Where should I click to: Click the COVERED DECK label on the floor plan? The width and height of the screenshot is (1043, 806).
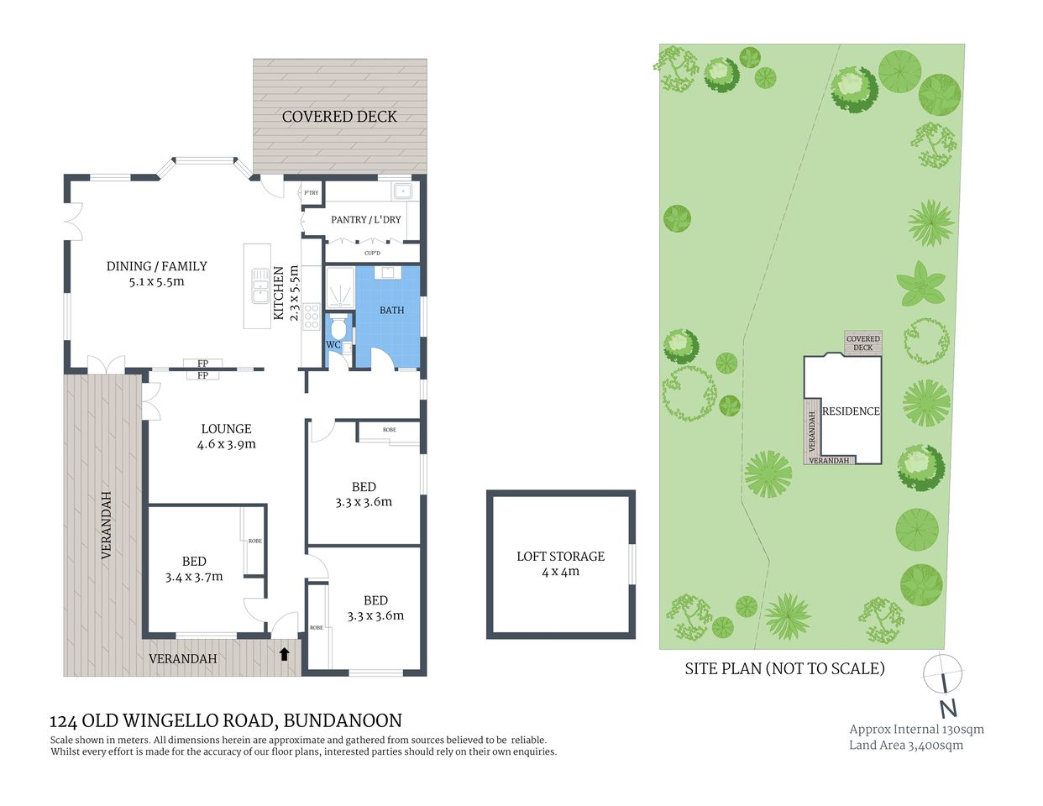point(339,117)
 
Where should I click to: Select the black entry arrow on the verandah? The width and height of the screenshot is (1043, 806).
point(284,653)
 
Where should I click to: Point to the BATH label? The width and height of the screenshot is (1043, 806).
point(391,310)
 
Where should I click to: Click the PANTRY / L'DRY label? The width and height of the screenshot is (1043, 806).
point(365,219)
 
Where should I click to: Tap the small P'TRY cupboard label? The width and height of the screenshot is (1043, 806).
point(312,193)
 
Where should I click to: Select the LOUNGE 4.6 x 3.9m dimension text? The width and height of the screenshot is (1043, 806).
point(226,444)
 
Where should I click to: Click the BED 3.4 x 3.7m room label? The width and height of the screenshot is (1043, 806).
point(194,568)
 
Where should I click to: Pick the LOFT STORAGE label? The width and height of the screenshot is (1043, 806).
point(560,563)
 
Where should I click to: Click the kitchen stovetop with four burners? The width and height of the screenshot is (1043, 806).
point(311,317)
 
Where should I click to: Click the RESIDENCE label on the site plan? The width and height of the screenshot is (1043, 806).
point(851,411)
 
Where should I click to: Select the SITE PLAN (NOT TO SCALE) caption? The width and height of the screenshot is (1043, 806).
point(784,668)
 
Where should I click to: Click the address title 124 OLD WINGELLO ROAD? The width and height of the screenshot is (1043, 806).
point(226,720)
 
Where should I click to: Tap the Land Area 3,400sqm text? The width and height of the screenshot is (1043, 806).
point(906,745)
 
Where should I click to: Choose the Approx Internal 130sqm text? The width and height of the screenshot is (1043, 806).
point(916,729)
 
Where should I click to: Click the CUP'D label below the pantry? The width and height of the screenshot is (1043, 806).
point(372,253)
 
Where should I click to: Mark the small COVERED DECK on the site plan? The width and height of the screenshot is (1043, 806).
point(862,343)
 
